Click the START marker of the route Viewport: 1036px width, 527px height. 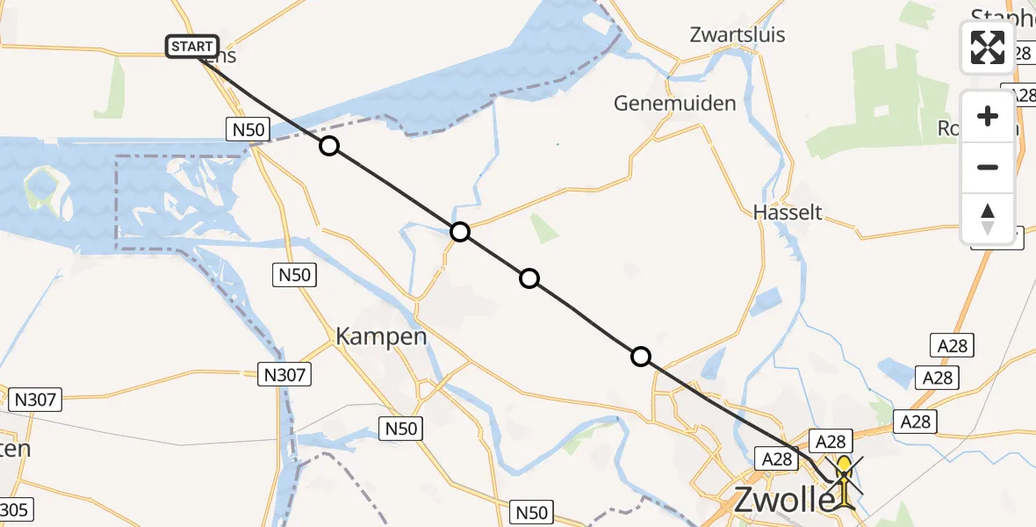192,47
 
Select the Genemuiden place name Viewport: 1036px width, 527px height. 674,104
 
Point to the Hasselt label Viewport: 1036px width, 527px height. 788,212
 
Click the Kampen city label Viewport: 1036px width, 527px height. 381,336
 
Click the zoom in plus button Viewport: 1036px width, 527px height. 988,117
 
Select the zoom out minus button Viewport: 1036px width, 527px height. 988,167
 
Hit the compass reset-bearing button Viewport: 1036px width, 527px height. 988,218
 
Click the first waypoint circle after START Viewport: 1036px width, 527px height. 328,146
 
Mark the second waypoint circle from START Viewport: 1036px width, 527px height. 460,232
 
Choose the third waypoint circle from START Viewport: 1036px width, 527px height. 529,278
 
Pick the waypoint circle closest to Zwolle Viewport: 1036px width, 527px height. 641,356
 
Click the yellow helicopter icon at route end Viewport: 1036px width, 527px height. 844,480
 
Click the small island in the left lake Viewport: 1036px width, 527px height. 41,185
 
